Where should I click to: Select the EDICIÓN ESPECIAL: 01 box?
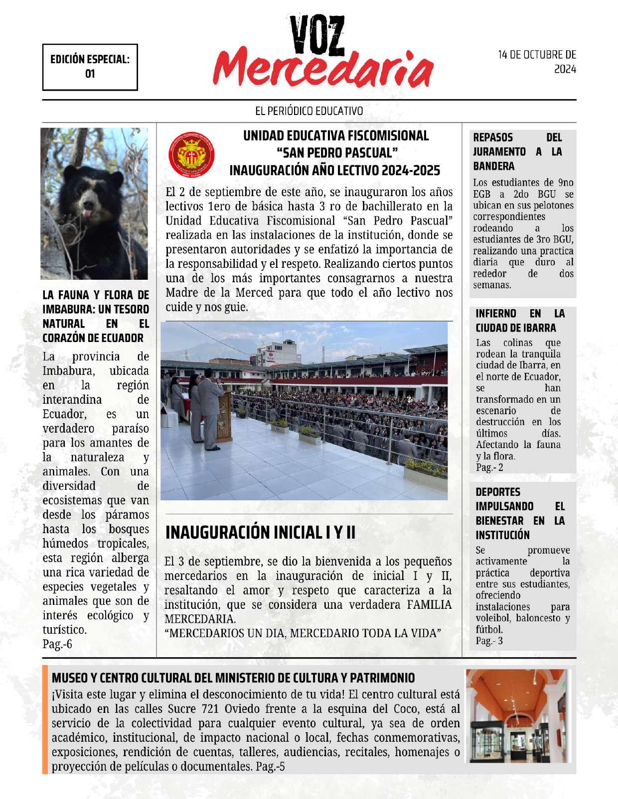(x=90, y=67)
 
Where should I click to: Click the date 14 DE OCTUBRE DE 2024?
(x=537, y=62)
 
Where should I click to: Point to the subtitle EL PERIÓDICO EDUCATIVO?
(x=309, y=111)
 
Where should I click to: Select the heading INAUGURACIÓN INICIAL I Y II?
(x=260, y=533)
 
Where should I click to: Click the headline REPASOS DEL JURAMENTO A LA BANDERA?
(x=517, y=151)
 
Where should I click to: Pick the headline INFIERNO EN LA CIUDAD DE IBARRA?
(x=520, y=321)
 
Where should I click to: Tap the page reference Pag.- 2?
(x=489, y=467)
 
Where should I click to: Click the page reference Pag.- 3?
(x=489, y=641)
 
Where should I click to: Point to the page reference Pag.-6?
(x=57, y=644)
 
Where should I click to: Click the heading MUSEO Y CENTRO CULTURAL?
(x=233, y=678)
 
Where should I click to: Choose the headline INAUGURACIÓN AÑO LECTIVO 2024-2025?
(x=334, y=171)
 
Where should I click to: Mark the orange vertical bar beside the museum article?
(x=45, y=719)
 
